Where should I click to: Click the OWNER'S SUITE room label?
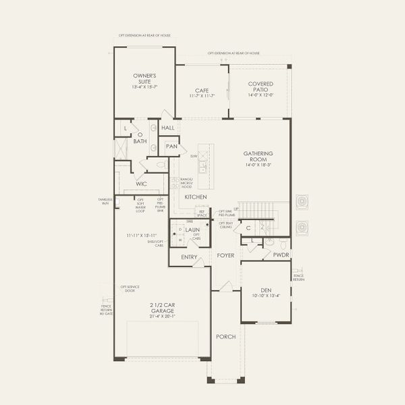144,78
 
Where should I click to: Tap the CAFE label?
201,90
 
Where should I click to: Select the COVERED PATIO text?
259,86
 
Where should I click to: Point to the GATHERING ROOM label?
259,156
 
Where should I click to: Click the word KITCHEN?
196,196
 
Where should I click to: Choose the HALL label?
168,127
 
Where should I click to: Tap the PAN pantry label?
171,146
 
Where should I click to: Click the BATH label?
140,141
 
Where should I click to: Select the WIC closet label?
142,183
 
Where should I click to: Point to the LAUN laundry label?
192,230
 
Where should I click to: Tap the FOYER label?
225,256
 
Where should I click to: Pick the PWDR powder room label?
281,254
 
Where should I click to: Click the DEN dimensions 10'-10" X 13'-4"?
266,295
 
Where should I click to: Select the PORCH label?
225,336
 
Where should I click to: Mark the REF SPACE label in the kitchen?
202,213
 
